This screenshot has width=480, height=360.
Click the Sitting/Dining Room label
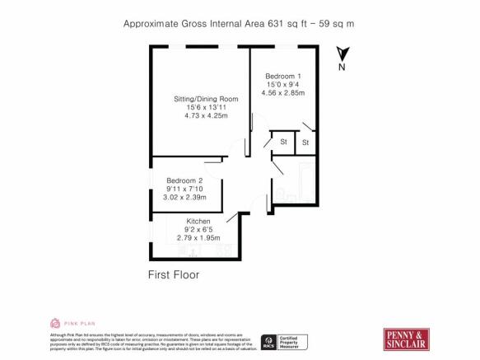200,100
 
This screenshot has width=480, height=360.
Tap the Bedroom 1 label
283,76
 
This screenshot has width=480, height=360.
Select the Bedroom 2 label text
185,180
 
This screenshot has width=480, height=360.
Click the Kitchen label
198,222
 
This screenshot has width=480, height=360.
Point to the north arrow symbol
342,54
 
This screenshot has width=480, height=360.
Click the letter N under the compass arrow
342,68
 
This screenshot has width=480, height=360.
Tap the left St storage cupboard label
283,142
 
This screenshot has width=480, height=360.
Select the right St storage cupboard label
305,143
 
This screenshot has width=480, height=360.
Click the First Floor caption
174,274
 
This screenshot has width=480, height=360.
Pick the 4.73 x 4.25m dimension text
200,117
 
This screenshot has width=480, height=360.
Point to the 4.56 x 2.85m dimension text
283,92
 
